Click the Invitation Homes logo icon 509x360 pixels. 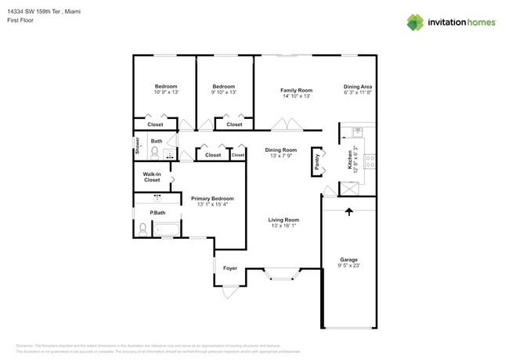point(415,22)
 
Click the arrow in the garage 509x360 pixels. point(348,211)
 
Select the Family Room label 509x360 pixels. point(296,90)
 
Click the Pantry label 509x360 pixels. point(317,160)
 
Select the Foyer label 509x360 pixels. point(230,268)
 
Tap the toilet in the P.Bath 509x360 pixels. point(143,229)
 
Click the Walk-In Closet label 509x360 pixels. point(152,177)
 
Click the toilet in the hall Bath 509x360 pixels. point(154,152)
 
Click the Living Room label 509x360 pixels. point(283,220)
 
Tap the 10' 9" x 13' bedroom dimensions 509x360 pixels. point(165,92)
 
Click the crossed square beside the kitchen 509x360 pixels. point(348,189)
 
